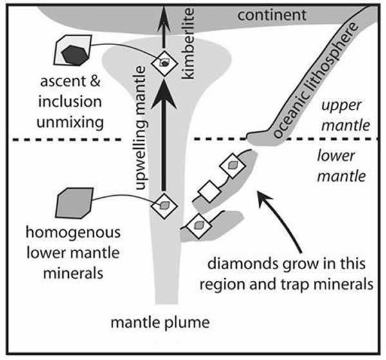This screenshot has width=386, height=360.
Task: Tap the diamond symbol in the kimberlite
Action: [165, 63]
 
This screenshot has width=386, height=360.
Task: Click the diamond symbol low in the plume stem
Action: [164, 205]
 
